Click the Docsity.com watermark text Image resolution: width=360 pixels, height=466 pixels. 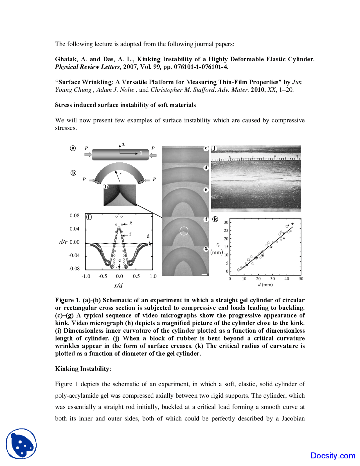[x=333, y=456]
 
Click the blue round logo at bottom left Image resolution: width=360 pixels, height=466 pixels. [x=21, y=444]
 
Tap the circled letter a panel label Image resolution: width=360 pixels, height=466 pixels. [x=73, y=148]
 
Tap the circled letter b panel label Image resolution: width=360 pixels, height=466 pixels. [x=73, y=173]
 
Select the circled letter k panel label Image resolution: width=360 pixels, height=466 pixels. [x=215, y=219]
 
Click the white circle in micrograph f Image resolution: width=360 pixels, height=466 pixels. [x=184, y=231]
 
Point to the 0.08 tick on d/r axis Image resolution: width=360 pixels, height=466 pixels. [x=75, y=216]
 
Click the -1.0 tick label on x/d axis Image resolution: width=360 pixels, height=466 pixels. [x=86, y=276]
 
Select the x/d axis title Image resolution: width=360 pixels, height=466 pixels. [x=118, y=285]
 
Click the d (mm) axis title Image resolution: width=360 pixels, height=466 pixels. [x=265, y=285]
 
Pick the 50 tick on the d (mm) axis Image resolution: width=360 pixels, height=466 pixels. [x=301, y=279]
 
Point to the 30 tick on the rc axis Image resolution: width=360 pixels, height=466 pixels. [x=226, y=222]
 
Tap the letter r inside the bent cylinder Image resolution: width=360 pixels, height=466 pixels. [x=120, y=174]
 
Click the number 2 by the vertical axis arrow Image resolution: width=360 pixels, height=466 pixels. [x=123, y=145]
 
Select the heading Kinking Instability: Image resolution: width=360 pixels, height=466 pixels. [x=83, y=369]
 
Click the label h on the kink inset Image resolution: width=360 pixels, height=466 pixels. [x=106, y=187]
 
